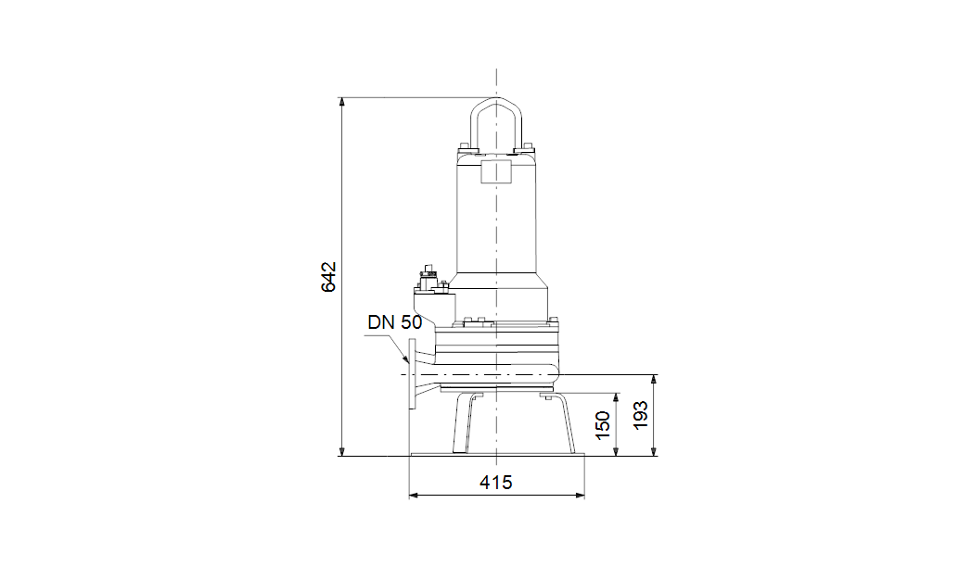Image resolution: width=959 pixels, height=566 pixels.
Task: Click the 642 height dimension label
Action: pos(328,277)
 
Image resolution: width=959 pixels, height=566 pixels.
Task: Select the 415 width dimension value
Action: pos(496,483)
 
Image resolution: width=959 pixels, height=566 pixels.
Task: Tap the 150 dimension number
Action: pos(603,425)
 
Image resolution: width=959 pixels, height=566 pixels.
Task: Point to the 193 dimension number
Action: pos(640,415)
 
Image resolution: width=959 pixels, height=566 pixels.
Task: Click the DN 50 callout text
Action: pos(394,322)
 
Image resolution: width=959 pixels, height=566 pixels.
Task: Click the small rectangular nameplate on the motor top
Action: pos(496,169)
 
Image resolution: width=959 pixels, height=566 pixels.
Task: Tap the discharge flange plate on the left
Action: pos(412,374)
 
